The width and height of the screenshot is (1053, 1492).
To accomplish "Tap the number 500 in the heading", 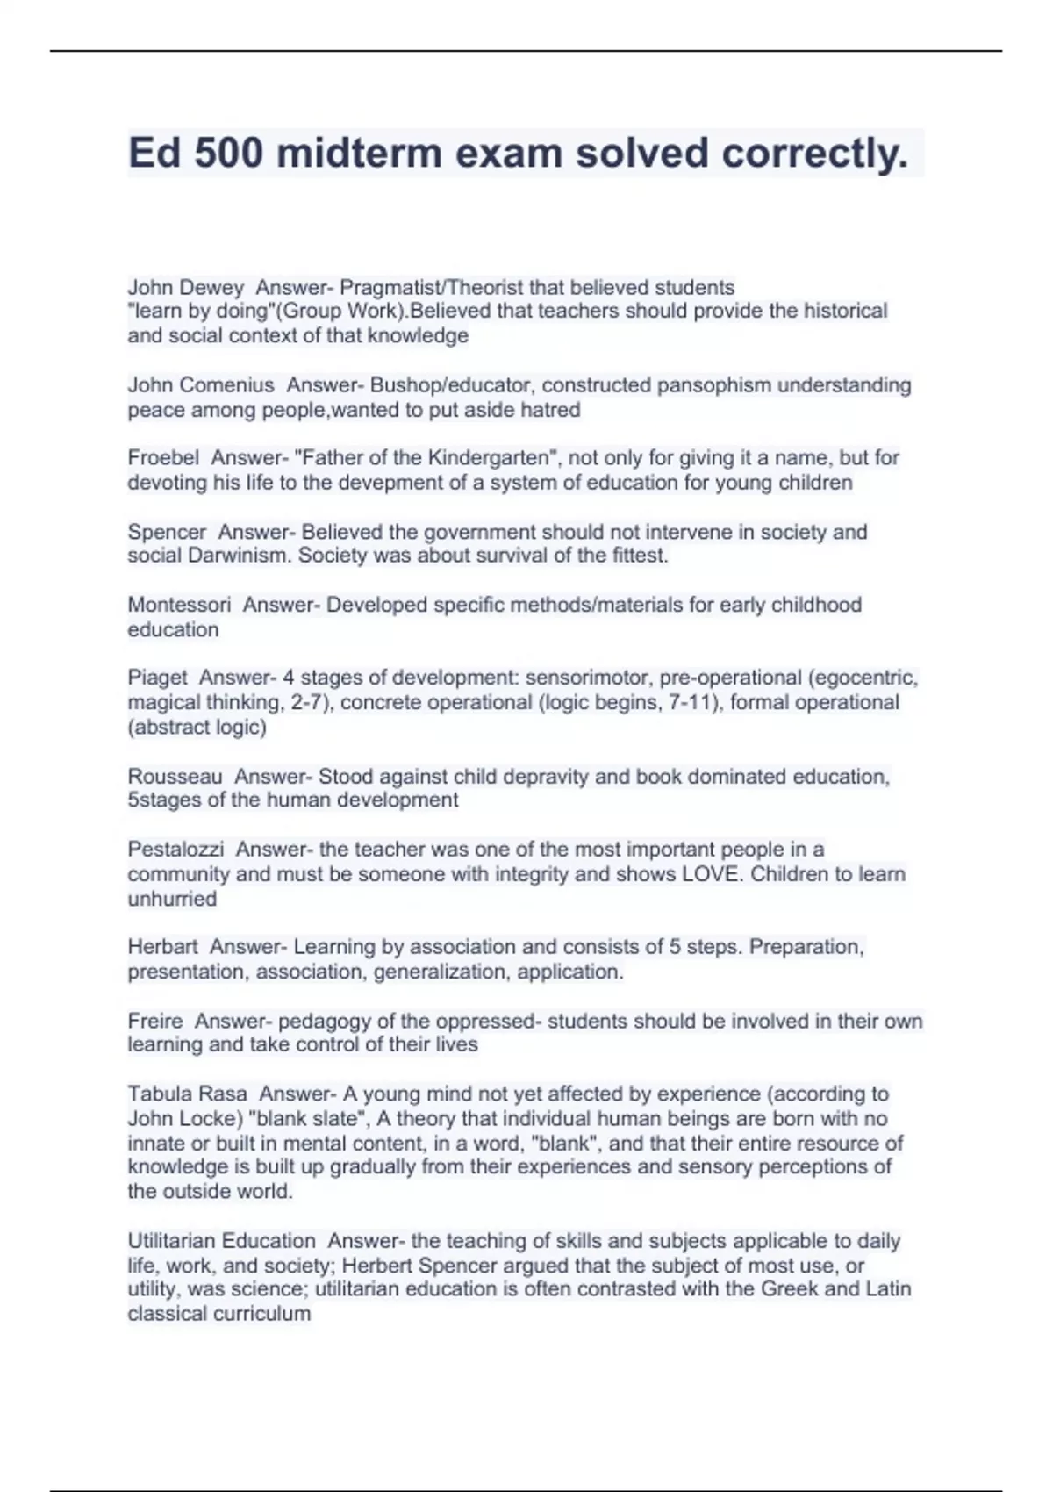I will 227,154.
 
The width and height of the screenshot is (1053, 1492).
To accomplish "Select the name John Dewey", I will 185,287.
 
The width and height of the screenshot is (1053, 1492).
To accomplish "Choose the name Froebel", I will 163,458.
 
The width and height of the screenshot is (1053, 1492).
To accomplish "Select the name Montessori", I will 179,605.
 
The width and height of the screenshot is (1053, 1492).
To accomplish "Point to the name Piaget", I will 157,678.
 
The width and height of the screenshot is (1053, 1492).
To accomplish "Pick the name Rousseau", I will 175,777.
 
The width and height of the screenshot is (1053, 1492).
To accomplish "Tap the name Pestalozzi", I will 175,850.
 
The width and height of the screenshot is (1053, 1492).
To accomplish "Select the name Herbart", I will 162,947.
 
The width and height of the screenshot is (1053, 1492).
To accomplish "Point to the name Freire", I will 155,1021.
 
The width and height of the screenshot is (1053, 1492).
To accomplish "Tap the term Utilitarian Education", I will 221,1241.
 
